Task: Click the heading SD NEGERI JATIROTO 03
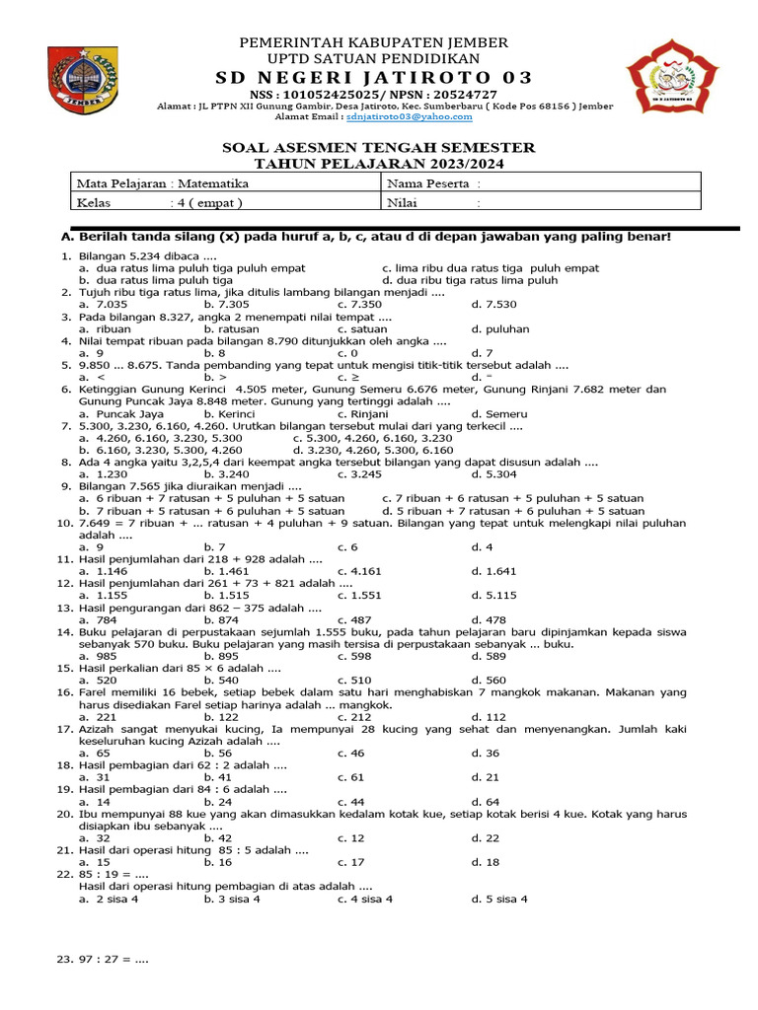[379, 78]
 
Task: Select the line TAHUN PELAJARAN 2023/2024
[379, 163]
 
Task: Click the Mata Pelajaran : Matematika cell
[164, 183]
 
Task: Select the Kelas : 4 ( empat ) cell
[160, 202]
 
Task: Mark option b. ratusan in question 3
[231, 329]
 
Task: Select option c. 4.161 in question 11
[359, 571]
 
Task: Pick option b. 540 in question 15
[221, 681]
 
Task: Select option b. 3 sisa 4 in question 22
[232, 899]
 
